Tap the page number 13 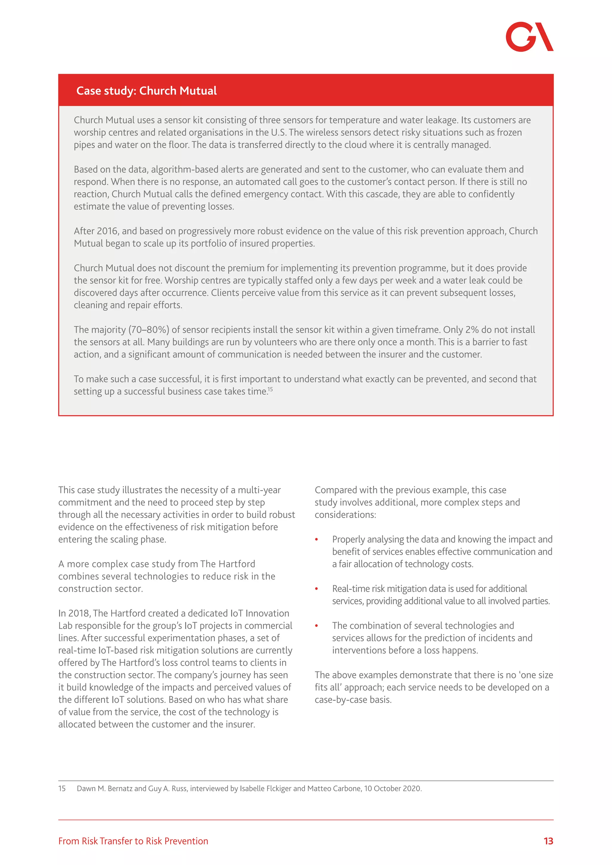548,841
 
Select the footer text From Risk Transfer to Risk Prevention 133,841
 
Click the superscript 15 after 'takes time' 270,389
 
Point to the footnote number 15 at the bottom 62,789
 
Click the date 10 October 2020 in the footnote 392,789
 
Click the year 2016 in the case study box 107,231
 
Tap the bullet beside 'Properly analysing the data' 316,540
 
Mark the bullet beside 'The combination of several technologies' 316,626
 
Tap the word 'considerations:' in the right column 345,515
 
